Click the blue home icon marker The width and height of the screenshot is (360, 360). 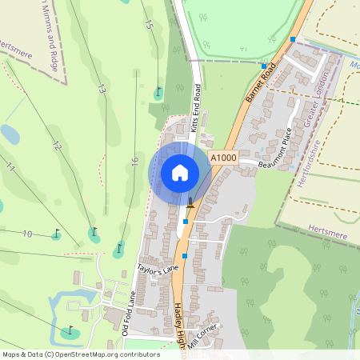coord(180,173)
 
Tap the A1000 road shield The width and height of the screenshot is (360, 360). coord(224,158)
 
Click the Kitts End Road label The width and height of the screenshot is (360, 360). coord(195,115)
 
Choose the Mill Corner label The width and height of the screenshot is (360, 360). coord(201,334)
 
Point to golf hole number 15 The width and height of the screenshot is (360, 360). coord(148,23)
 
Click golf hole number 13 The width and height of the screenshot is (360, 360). coord(102,90)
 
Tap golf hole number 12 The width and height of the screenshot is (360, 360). coord(56,146)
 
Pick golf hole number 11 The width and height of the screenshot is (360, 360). coord(10,167)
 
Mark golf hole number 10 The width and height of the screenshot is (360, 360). coord(27,234)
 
